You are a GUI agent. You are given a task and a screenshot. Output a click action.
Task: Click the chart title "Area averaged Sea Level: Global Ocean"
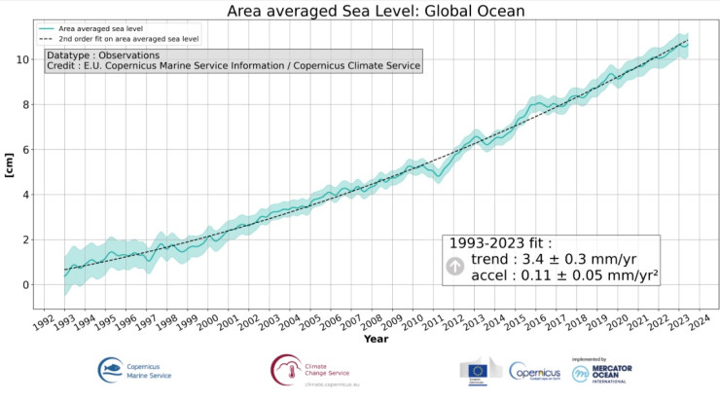(362, 12)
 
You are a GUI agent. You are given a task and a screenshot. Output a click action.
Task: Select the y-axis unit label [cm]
(11, 165)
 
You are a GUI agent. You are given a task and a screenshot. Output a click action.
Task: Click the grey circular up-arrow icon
(455, 266)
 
